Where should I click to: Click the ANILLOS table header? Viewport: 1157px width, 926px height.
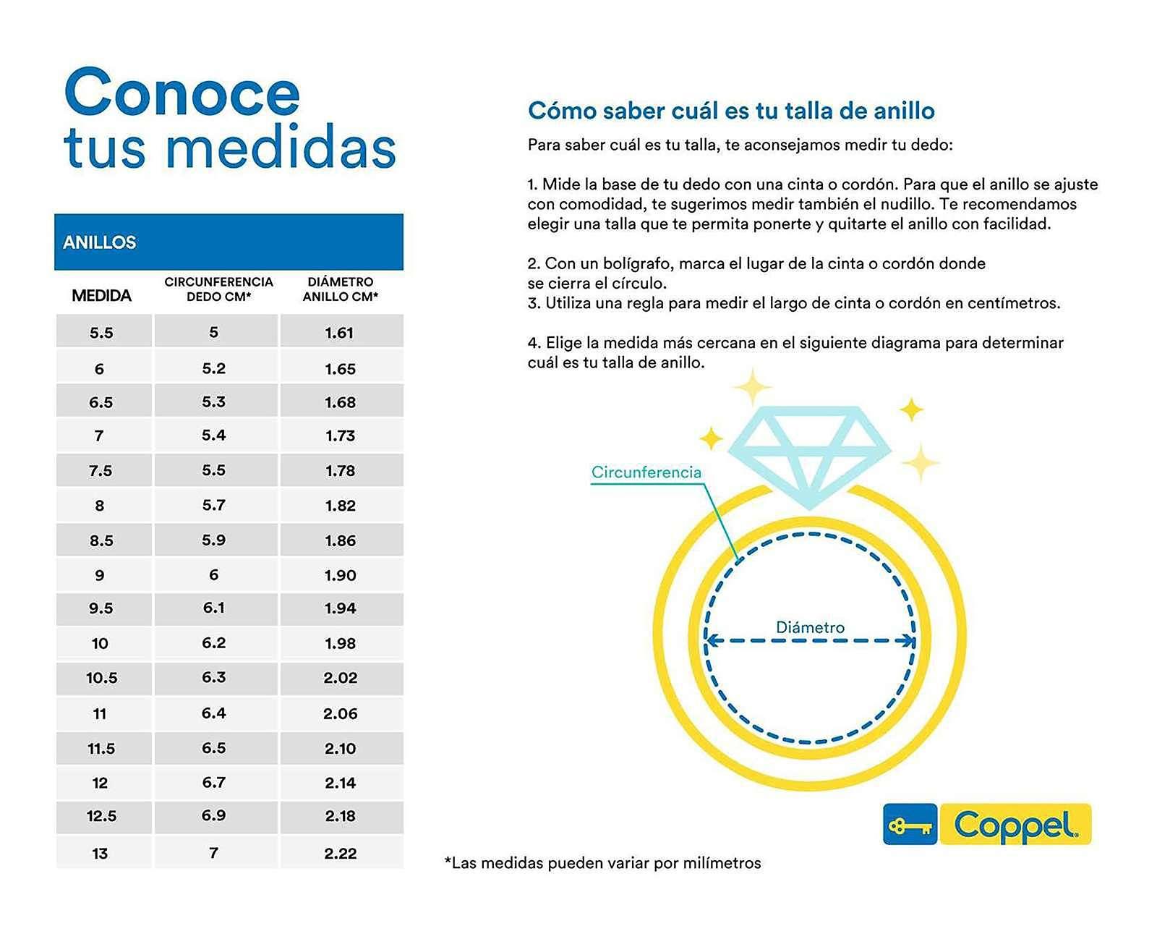click(100, 242)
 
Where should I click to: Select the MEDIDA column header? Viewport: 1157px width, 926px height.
click(102, 296)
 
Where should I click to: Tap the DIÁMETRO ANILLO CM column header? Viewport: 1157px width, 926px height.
click(340, 289)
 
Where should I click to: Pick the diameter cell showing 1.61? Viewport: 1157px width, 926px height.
click(339, 333)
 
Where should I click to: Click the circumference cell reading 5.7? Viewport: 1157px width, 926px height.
click(213, 505)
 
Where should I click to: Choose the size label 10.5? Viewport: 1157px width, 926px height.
click(101, 678)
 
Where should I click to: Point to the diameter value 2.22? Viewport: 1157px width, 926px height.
click(340, 853)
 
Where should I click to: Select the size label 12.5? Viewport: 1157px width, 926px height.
click(101, 816)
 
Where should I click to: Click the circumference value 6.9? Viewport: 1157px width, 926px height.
click(213, 815)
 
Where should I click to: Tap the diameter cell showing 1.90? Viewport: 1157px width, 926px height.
click(340, 575)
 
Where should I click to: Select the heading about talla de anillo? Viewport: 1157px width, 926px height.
click(731, 111)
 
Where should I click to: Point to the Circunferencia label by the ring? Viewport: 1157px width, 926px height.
click(646, 472)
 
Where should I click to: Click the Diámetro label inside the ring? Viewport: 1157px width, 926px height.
click(810, 627)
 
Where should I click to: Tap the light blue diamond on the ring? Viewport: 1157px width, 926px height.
click(808, 452)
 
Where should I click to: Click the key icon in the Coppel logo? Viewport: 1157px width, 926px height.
click(910, 825)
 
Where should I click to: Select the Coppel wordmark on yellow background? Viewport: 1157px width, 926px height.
click(1014, 825)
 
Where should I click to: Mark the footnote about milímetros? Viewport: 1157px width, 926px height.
click(603, 863)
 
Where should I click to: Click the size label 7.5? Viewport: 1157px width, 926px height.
click(101, 471)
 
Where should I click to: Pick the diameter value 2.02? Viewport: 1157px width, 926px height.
click(340, 678)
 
